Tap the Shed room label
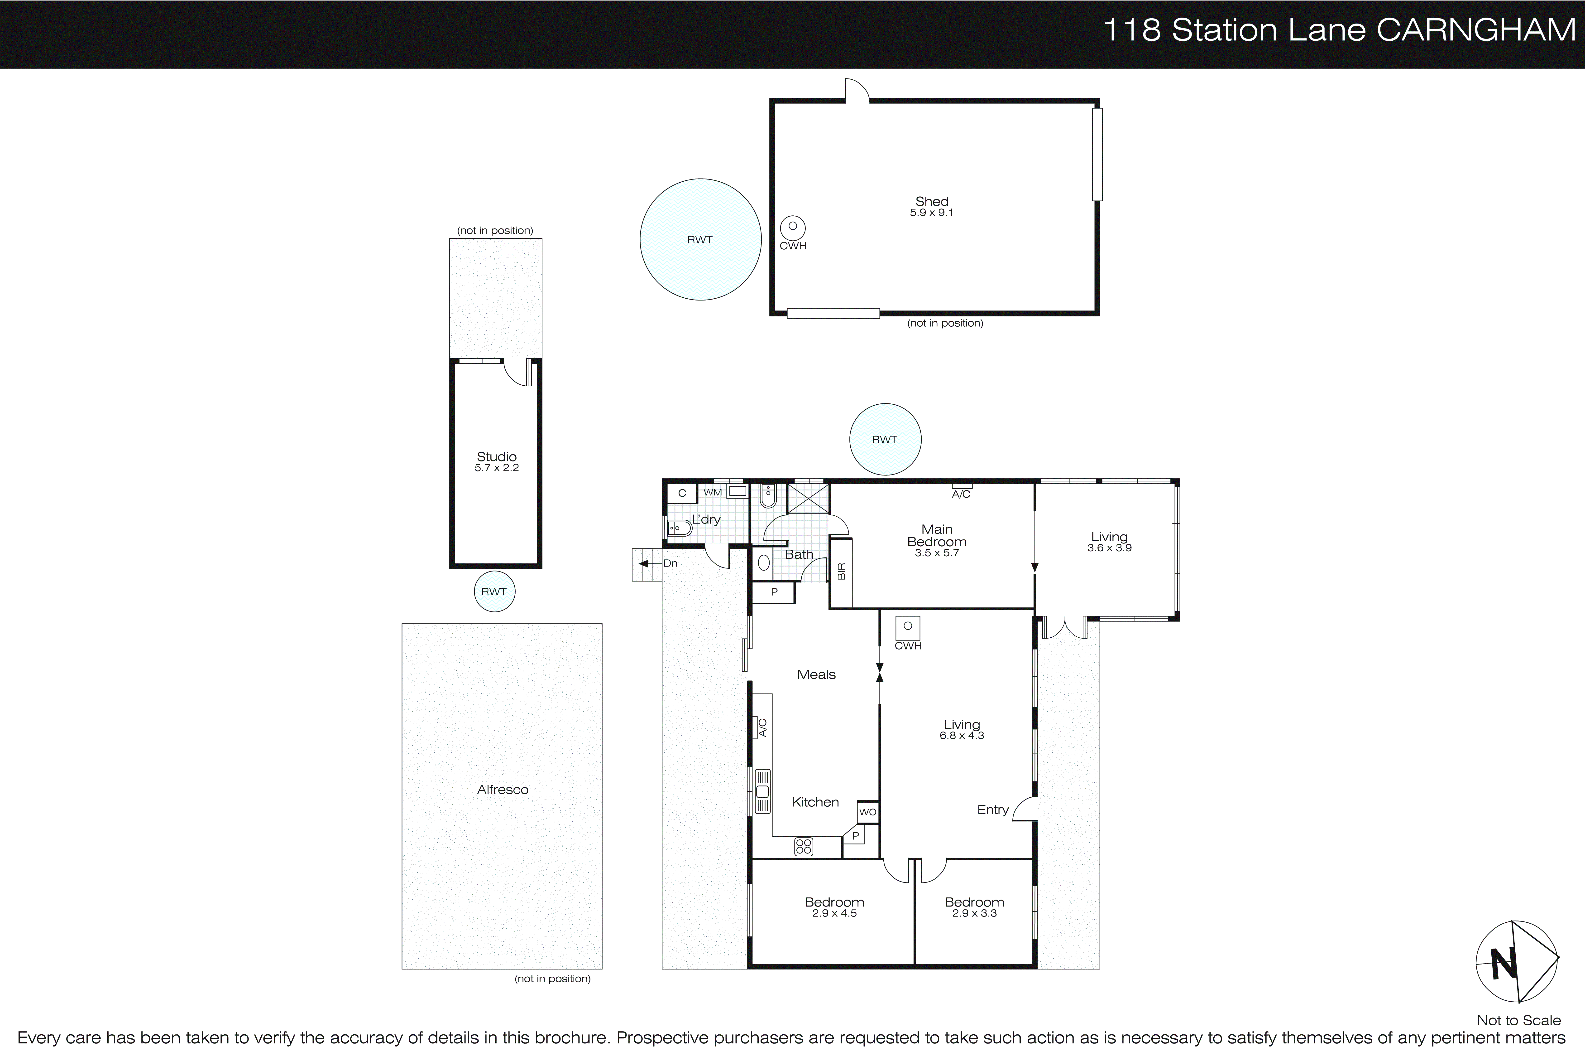(x=932, y=201)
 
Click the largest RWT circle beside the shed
(x=700, y=239)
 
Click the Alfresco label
(x=503, y=789)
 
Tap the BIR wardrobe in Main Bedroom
(x=841, y=572)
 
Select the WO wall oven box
(x=867, y=812)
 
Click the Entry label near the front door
(x=992, y=809)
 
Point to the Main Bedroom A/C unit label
(x=961, y=494)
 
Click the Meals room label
(x=816, y=674)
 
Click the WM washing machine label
(x=713, y=492)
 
